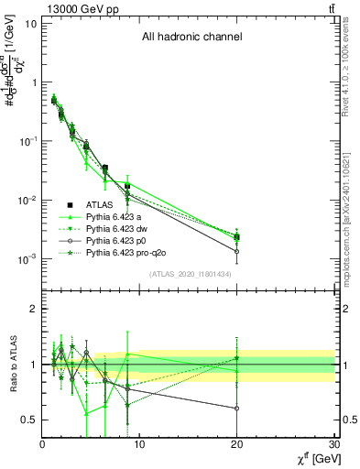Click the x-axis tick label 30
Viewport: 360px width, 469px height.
[334, 444]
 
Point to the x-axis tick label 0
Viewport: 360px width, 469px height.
[42, 444]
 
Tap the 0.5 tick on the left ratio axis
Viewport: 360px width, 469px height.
[29, 420]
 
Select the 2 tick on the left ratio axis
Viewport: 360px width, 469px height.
[34, 309]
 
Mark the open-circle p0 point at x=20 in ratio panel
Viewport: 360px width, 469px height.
[237, 409]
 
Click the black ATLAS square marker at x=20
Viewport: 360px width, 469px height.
[237, 237]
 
